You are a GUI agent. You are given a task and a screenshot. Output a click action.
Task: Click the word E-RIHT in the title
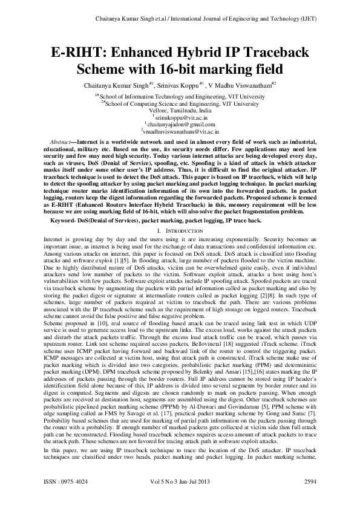pos(65,51)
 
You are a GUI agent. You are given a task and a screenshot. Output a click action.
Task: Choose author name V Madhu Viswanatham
pos(242,86)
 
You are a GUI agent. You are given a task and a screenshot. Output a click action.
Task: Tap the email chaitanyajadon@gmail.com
pos(180,123)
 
